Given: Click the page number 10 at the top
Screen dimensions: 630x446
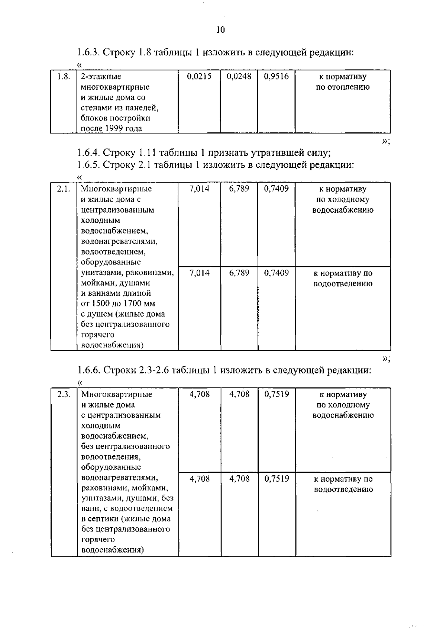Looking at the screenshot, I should [221, 30].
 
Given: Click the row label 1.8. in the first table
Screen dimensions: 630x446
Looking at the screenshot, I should [64, 77].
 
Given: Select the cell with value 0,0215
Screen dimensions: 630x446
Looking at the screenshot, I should [199, 77].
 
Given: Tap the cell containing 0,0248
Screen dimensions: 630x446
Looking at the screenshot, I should [239, 77].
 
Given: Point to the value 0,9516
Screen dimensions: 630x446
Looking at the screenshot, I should [276, 77].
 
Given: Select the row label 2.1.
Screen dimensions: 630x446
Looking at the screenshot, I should [64, 189].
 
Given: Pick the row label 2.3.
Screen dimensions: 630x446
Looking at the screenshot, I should [64, 394].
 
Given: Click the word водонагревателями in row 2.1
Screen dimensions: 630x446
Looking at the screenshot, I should [119, 242].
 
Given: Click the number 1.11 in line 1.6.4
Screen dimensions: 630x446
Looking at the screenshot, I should [146, 153].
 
